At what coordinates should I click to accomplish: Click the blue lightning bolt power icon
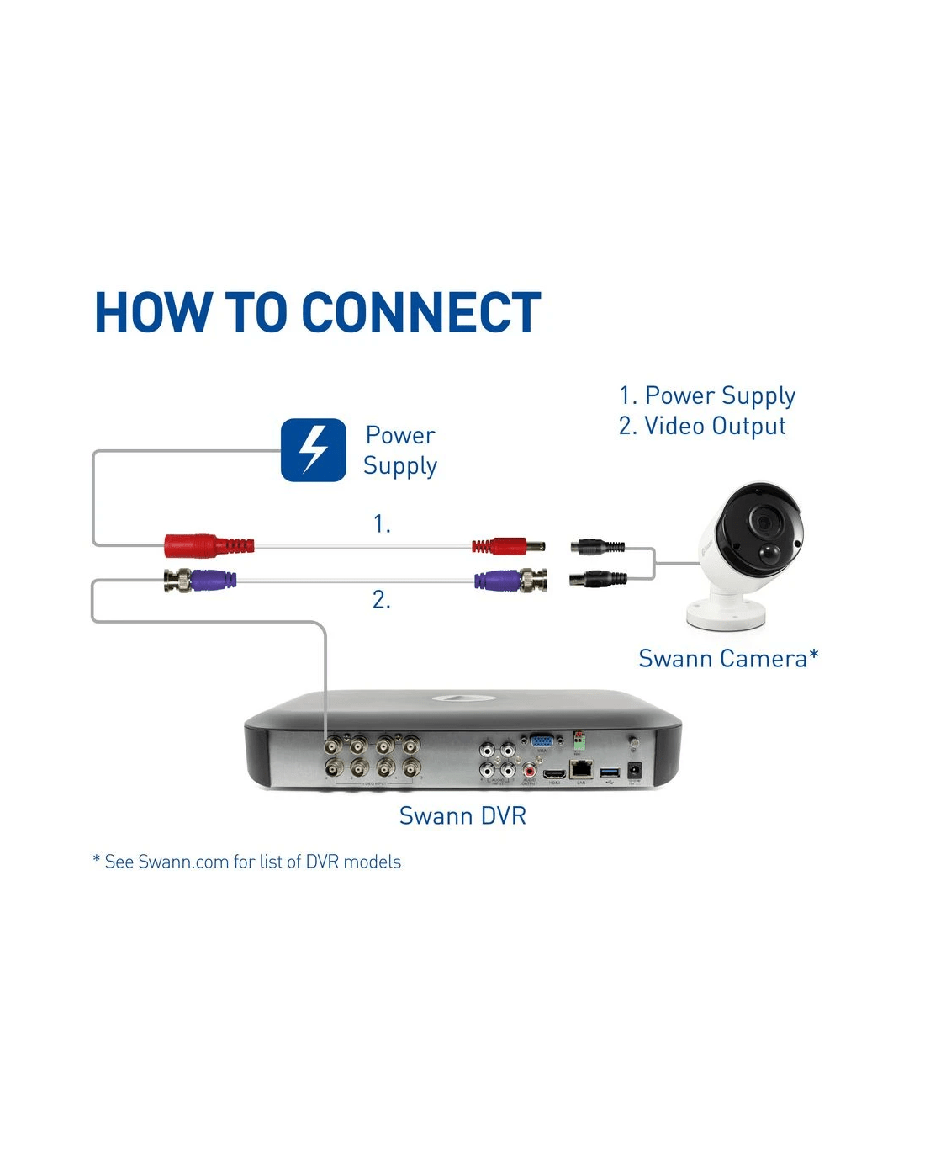[313, 450]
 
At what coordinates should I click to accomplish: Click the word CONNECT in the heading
[420, 313]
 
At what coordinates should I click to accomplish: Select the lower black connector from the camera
[598, 578]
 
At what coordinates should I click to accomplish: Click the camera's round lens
[764, 523]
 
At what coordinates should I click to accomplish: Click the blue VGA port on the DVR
[541, 741]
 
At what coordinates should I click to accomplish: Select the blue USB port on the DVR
[610, 771]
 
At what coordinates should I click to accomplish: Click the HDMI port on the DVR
[554, 772]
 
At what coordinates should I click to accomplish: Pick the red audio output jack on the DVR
[530, 769]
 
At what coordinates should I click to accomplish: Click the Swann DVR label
[462, 815]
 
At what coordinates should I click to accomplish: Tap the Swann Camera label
[728, 658]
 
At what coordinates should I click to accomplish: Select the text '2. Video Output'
[702, 426]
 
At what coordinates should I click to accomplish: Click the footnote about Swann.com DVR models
[247, 862]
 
